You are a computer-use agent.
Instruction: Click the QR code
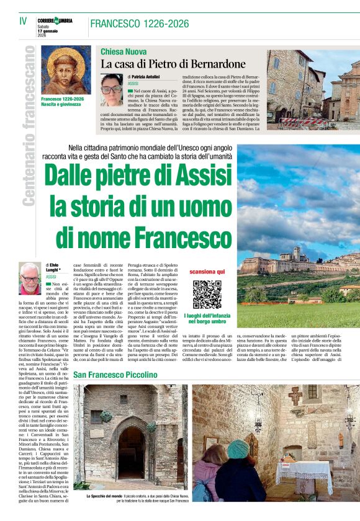tap(207, 294)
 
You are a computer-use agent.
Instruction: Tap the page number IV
tap(23, 21)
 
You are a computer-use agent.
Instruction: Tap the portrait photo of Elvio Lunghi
tap(30, 278)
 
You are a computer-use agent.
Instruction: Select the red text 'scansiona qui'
tap(207, 272)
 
